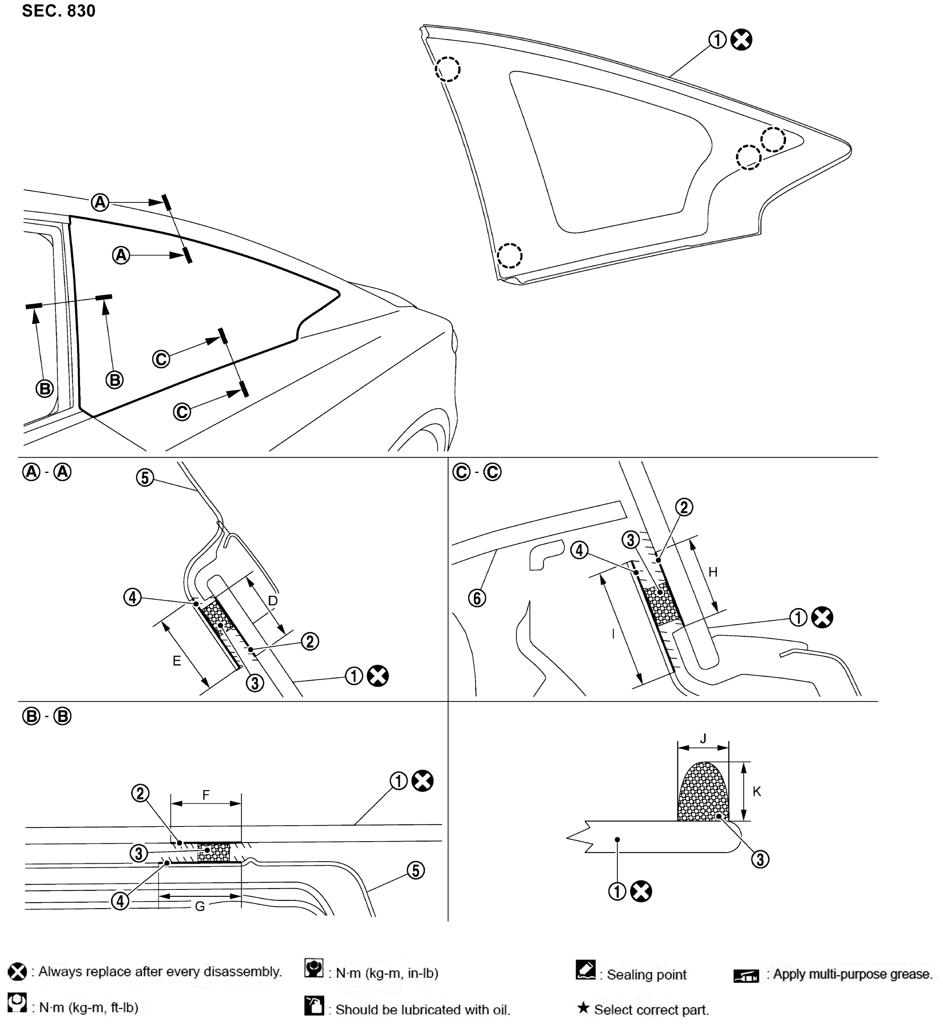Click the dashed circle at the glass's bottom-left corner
[510, 255]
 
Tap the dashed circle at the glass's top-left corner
[448, 69]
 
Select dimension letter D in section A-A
[273, 600]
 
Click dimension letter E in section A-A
[177, 661]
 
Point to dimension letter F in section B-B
[206, 795]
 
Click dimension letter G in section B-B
[200, 907]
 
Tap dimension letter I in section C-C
[613, 634]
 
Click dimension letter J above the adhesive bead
[703, 739]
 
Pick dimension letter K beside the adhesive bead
[757, 792]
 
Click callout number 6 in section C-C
[477, 598]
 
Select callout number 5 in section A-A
[145, 478]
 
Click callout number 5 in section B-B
[415, 870]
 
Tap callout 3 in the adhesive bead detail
[760, 859]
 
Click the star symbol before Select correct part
[583, 1008]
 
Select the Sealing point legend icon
[585, 970]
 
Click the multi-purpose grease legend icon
[746, 976]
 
